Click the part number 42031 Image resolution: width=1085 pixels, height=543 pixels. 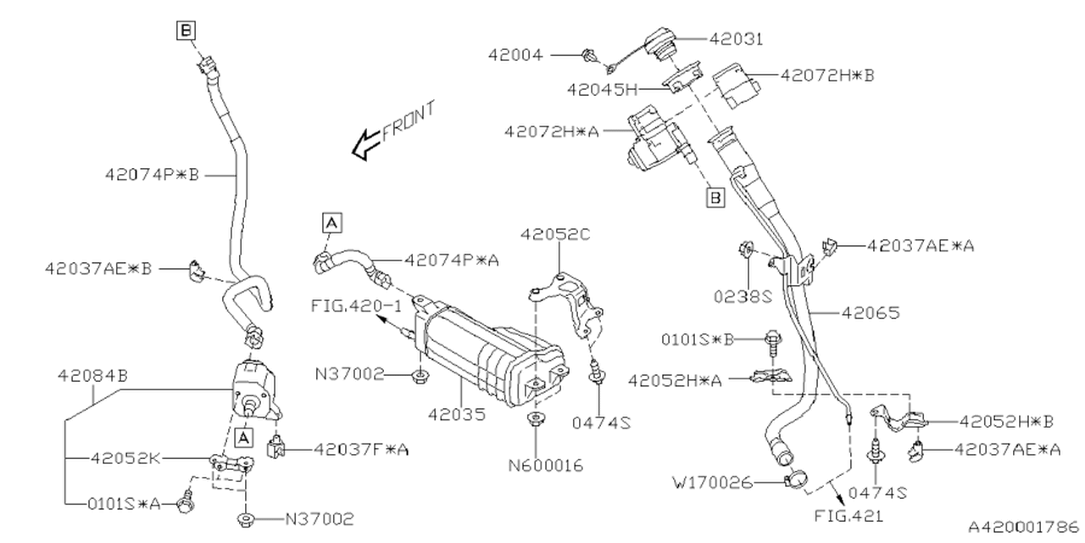(x=736, y=38)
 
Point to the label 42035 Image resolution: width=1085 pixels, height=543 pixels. (x=457, y=416)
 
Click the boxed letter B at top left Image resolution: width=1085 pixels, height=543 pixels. (x=186, y=31)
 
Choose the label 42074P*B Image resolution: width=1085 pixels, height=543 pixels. (x=152, y=175)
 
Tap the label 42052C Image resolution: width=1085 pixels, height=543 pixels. (x=555, y=234)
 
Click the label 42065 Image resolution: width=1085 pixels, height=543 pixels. (x=871, y=313)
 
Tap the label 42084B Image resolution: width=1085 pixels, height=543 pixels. (x=92, y=374)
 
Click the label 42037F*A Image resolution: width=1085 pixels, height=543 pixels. (x=360, y=449)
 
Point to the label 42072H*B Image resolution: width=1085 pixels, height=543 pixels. (x=826, y=76)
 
